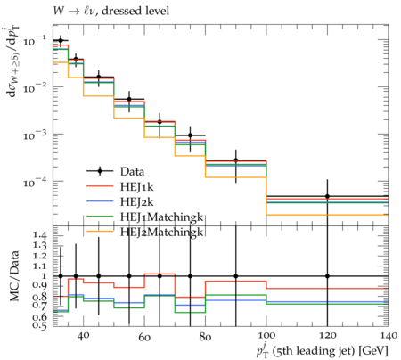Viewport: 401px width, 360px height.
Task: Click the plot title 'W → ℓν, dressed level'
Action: tap(111, 11)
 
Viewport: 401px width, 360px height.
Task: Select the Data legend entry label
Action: tap(132, 172)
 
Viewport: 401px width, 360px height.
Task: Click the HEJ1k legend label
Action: tap(137, 187)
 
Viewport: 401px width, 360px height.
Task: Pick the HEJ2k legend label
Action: tap(137, 202)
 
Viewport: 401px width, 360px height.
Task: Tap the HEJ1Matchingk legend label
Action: tap(161, 217)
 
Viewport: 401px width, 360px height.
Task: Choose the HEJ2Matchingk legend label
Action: tap(161, 232)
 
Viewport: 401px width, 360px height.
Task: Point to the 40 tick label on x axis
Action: tap(83, 336)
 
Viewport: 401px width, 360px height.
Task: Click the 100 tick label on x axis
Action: tap(266, 336)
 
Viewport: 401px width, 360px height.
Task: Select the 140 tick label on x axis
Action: tap(389, 336)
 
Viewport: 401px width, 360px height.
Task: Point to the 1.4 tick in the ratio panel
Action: tap(40, 236)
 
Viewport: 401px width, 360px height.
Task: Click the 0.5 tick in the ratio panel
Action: tap(40, 325)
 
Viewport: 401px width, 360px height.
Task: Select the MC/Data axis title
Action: tap(14, 276)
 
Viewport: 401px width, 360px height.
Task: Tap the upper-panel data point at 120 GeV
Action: tap(327, 196)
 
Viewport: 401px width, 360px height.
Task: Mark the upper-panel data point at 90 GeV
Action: tap(236, 160)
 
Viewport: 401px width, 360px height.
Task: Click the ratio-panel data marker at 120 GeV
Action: tap(327, 276)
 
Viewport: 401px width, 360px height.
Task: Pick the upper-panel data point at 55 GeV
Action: tap(129, 99)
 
